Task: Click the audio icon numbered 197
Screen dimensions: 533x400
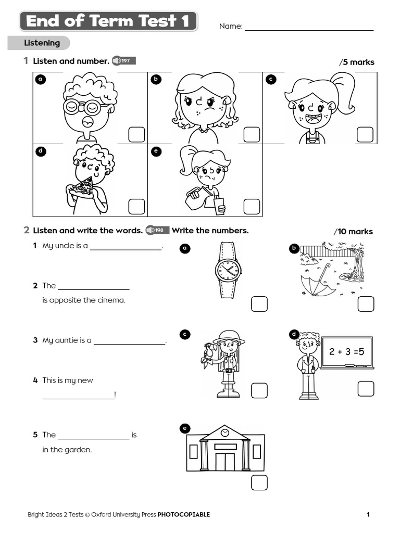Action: [x=123, y=61]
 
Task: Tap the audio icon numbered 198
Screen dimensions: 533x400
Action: [x=157, y=230]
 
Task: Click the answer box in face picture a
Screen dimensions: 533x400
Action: [x=137, y=134]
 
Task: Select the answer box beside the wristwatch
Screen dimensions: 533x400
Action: [x=259, y=304]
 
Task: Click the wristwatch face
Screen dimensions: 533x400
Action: [x=228, y=270]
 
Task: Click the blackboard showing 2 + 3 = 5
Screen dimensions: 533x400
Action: [x=346, y=352]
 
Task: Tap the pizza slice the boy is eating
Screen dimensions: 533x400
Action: [x=82, y=186]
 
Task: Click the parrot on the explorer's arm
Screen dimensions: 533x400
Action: [x=208, y=352]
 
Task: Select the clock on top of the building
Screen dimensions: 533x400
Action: [x=224, y=433]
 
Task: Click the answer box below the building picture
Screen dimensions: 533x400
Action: [x=259, y=483]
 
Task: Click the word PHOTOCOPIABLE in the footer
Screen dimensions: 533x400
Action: [x=183, y=515]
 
